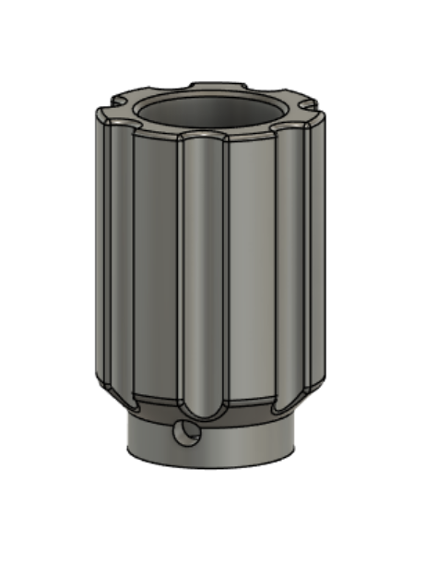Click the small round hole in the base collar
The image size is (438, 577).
pyautogui.click(x=187, y=432)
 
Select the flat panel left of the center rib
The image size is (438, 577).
pyautogui.click(x=155, y=268)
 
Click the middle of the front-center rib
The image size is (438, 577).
pyautogui.click(x=203, y=277)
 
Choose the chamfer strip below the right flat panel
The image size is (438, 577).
pyautogui.click(x=251, y=403)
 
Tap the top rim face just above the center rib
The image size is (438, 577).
pyautogui.click(x=202, y=130)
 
